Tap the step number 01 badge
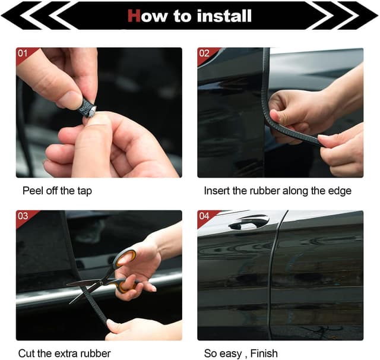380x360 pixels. [23, 53]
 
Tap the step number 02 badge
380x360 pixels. [204, 53]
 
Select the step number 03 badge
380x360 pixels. [23, 216]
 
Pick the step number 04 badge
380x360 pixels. [204, 216]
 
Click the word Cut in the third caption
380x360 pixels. [26, 353]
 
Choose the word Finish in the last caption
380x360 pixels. [264, 353]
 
